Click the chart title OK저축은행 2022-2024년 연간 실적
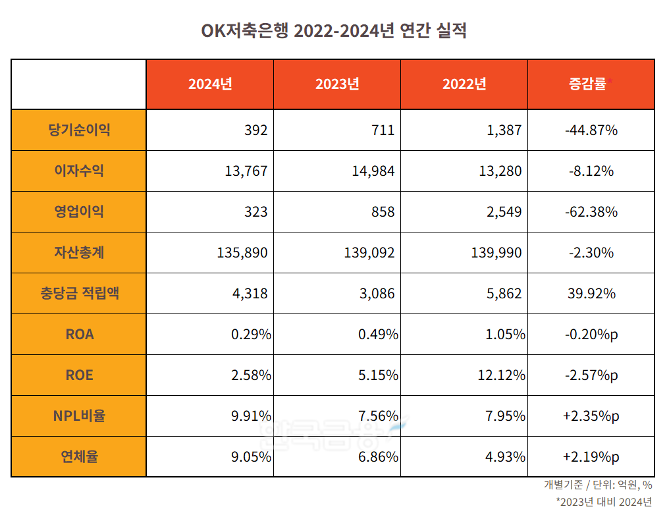(333, 31)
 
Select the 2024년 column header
(210, 84)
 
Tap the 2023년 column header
(337, 84)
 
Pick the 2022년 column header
(464, 84)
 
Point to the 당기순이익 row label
(79, 130)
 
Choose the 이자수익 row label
(79, 171)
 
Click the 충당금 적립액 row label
(79, 294)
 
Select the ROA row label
(79, 335)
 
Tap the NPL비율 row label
(79, 416)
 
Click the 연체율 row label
(79, 457)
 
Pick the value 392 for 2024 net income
(255, 130)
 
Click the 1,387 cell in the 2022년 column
(504, 130)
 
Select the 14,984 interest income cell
(373, 171)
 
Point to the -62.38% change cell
(591, 212)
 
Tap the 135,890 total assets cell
(242, 253)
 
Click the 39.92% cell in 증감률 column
(591, 294)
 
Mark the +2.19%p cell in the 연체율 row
(591, 457)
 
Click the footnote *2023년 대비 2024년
(604, 503)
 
